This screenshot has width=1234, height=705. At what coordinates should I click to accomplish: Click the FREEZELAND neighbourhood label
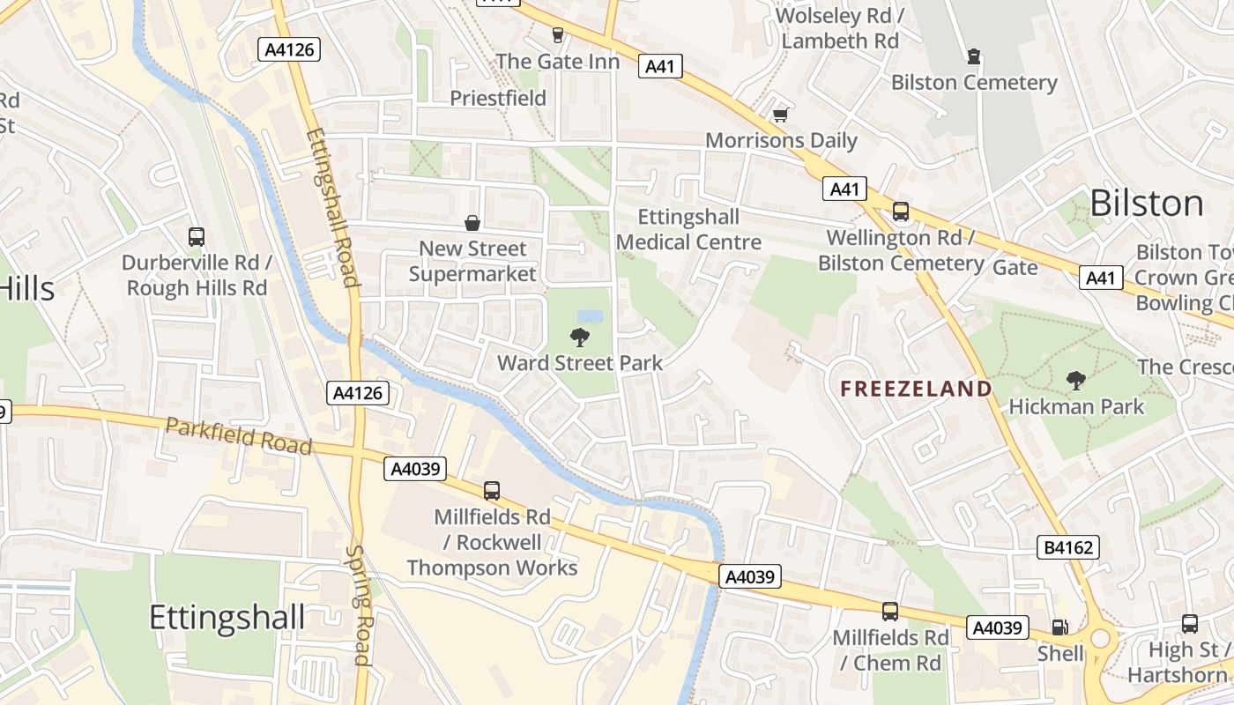coord(916,389)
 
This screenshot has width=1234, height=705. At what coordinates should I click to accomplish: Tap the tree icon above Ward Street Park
coord(580,337)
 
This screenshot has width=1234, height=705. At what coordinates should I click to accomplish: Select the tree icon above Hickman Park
coord(1075,381)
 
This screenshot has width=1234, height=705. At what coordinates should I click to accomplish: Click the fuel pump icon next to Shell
coord(1060,627)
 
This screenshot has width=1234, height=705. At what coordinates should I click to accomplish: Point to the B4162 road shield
coord(1068,548)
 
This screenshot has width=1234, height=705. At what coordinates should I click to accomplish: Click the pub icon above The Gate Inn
coord(557,35)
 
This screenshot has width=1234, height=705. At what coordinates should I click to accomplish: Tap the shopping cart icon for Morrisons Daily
coord(780,115)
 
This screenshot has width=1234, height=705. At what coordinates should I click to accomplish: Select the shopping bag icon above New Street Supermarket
coord(472,223)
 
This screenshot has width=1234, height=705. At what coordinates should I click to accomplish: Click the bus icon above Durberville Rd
coord(197,237)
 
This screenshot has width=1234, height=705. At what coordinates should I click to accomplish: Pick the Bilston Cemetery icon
coord(974,57)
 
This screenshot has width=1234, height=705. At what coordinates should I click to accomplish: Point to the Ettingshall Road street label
coord(331,208)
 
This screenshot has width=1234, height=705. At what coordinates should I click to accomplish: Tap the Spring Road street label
coord(360,605)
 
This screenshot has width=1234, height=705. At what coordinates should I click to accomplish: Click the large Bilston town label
coord(1146,204)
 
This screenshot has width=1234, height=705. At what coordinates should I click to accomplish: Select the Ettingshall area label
coord(227,618)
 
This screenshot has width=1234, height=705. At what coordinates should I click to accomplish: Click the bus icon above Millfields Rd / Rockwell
coord(492,491)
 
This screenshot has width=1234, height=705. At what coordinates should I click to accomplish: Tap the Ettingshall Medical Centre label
coord(688,229)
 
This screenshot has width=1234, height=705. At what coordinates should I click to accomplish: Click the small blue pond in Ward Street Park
coord(590,315)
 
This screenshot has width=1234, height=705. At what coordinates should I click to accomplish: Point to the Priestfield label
coord(498,98)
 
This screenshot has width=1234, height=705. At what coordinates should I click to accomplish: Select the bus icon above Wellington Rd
coord(900,211)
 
